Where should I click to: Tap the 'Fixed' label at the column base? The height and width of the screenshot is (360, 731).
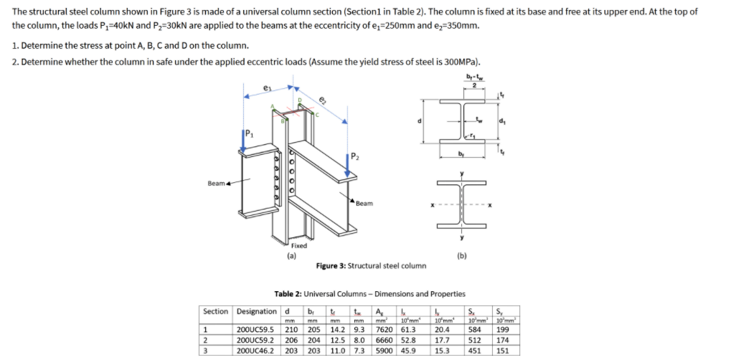tap(298, 245)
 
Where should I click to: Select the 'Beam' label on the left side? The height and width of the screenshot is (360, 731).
tap(217, 184)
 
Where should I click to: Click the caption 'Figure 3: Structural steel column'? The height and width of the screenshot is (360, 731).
tap(370, 265)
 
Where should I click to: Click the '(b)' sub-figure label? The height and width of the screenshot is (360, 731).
tap(461, 254)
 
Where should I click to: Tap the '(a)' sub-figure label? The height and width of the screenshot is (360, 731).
tap(291, 254)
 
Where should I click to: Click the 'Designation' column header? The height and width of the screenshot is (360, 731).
tap(256, 311)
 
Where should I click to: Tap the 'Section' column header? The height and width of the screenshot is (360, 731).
tap(215, 311)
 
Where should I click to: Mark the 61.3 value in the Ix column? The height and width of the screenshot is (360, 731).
tap(409, 330)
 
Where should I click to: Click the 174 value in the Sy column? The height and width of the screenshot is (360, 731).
tap(503, 341)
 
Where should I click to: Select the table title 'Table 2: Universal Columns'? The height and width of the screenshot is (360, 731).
tap(369, 294)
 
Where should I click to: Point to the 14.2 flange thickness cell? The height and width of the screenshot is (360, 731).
tap(338, 330)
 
